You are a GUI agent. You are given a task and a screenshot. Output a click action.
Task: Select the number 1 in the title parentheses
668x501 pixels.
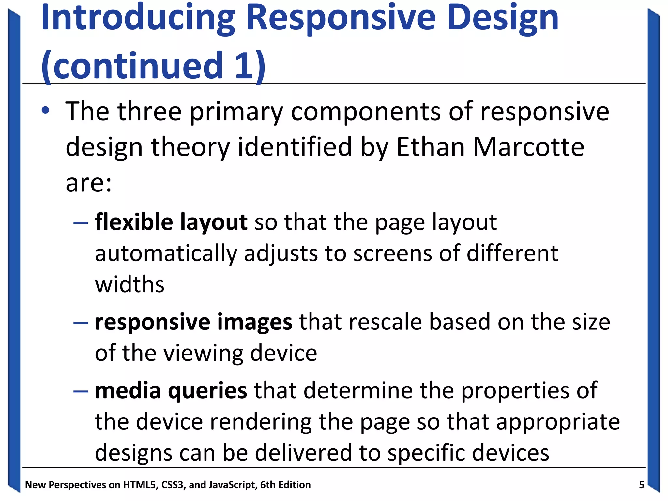(244, 65)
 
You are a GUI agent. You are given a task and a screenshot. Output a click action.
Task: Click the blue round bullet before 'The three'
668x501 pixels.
(45, 111)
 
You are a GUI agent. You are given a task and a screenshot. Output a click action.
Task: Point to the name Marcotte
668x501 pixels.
(528, 147)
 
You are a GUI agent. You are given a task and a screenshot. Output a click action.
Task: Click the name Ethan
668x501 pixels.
(431, 147)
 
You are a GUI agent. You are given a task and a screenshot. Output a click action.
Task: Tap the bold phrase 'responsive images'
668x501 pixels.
(193, 322)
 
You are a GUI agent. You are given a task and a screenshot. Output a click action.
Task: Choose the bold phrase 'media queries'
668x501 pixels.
(171, 390)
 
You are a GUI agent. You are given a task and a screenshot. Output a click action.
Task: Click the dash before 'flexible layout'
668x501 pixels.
(81, 223)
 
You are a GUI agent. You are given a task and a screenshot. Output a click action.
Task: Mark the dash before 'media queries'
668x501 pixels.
(81, 391)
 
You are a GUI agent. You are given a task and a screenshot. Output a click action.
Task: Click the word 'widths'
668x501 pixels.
(129, 284)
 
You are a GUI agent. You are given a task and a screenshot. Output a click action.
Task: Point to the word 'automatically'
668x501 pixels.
(166, 254)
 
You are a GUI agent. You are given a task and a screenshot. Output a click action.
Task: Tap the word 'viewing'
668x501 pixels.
(203, 354)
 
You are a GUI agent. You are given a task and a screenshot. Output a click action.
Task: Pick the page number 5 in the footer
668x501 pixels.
(641, 485)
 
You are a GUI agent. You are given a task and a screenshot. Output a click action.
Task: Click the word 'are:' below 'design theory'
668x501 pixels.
(88, 183)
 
